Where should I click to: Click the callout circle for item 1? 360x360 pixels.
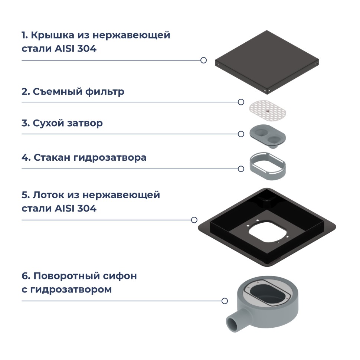(x=203, y=60)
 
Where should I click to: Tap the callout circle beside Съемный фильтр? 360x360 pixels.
(x=241, y=102)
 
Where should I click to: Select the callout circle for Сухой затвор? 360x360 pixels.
(x=241, y=134)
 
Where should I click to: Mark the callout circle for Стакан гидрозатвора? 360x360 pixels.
(x=241, y=169)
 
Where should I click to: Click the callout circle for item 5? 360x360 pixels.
(x=194, y=220)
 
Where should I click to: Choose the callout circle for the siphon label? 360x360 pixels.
(x=225, y=301)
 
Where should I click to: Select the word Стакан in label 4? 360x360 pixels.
(x=52, y=158)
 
